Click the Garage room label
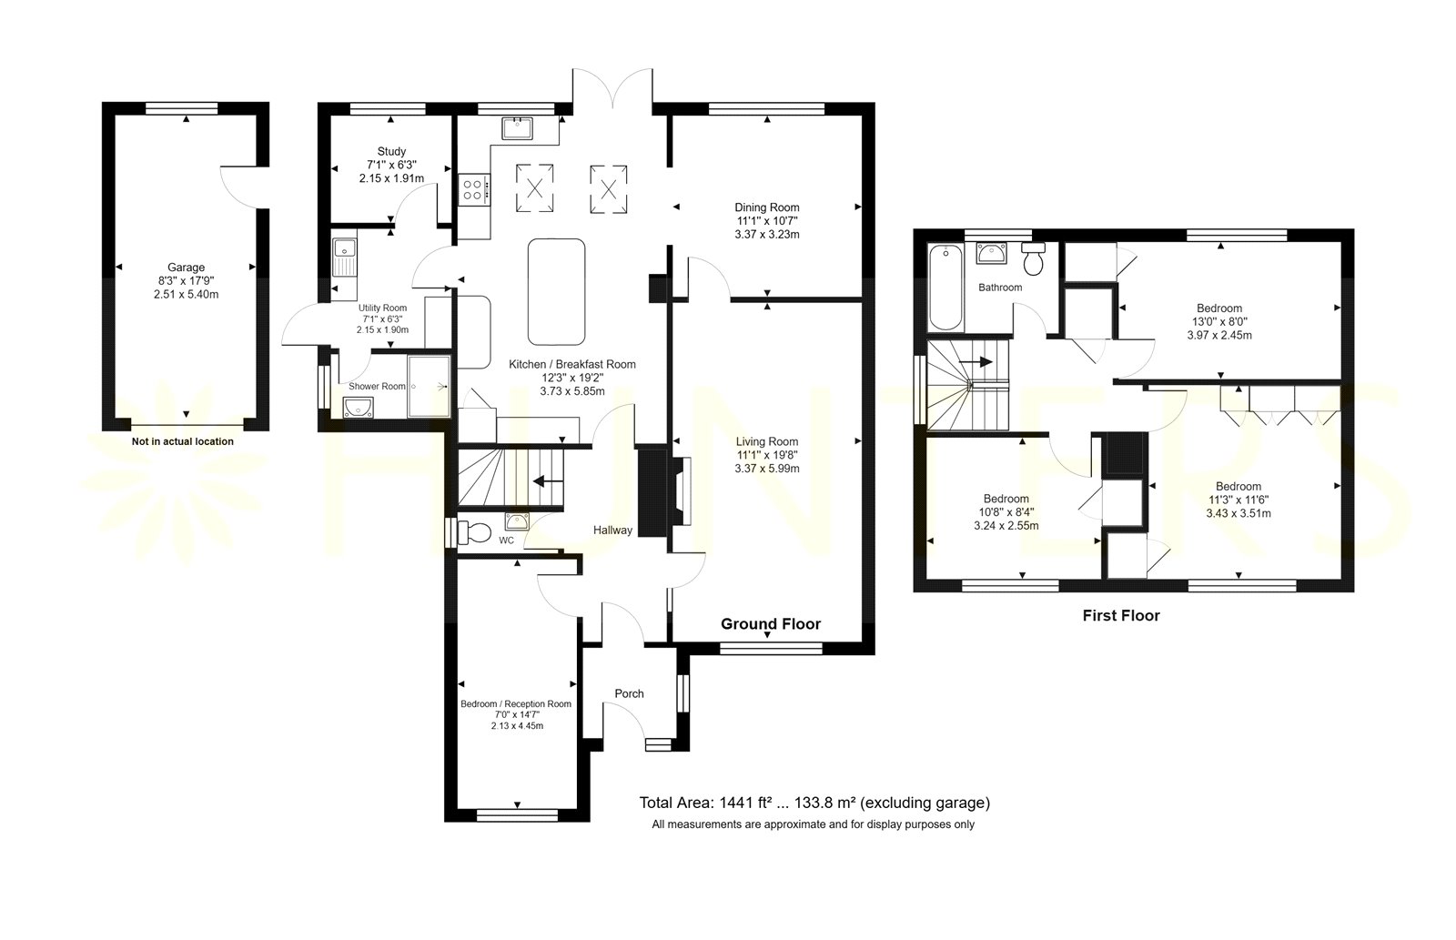click(x=186, y=268)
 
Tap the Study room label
click(x=391, y=151)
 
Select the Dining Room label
click(x=767, y=207)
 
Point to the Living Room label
click(x=767, y=441)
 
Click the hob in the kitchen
click(x=473, y=190)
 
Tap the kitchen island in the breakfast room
click(x=556, y=292)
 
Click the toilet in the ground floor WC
click(x=474, y=533)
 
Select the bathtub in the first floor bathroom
click(x=945, y=288)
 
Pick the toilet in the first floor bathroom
click(x=1033, y=258)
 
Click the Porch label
click(x=629, y=693)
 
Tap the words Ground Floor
click(x=771, y=624)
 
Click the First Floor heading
click(x=1121, y=616)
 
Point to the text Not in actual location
click(x=183, y=441)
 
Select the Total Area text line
click(x=814, y=803)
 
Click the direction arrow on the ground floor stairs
click(x=547, y=481)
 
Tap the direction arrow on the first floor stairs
click(x=977, y=361)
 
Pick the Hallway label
click(x=612, y=531)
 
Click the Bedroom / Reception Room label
click(x=516, y=704)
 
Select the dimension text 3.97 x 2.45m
click(x=1219, y=336)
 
